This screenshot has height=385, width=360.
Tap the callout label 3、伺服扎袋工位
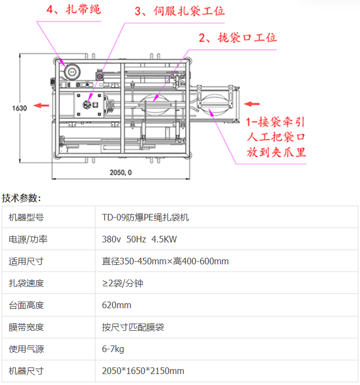coord(179,11)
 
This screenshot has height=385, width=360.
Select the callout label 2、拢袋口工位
coord(237,38)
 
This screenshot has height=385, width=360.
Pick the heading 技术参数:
coord(21,198)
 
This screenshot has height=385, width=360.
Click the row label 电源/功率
coord(27,239)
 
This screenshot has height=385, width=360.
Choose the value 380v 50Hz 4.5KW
coord(139,239)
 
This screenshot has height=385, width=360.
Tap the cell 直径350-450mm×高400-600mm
coord(165,261)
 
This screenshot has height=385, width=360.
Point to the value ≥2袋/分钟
coord(122,283)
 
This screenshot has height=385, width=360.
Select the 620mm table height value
coord(116,305)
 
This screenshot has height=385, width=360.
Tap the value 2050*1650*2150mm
coord(143,371)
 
